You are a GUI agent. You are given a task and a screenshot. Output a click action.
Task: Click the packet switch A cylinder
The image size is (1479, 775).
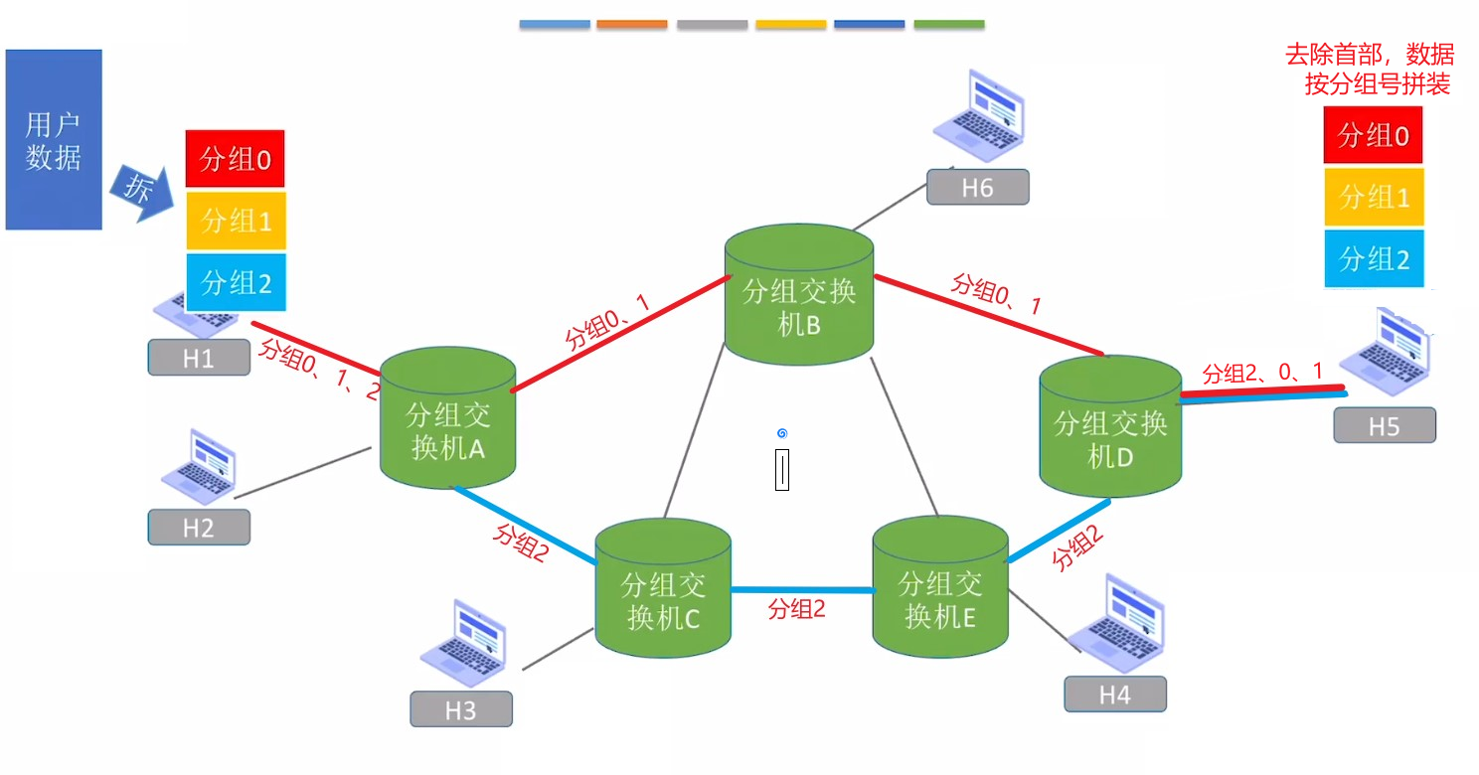(x=447, y=417)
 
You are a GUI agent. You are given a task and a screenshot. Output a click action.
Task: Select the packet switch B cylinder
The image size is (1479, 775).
(x=799, y=293)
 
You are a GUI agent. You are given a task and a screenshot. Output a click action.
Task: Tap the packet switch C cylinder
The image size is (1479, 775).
(x=663, y=587)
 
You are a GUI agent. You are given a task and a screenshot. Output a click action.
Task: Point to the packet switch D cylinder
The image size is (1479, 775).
(x=1110, y=426)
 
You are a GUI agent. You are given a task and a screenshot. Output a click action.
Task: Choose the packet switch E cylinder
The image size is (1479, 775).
(x=940, y=586)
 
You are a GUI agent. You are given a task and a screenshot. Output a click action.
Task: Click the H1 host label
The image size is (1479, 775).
(x=199, y=358)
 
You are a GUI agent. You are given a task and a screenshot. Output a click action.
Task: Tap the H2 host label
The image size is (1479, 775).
(x=199, y=527)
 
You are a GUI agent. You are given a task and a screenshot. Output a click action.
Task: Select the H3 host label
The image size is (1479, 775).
(x=461, y=709)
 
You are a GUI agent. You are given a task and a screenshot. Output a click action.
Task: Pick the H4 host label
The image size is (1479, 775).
(x=1115, y=695)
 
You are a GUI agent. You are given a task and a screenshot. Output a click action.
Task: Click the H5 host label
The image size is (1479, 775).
(x=1385, y=425)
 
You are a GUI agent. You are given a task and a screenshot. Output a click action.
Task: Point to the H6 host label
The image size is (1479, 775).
(x=978, y=187)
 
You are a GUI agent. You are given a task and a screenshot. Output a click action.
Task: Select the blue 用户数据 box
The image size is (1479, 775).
(x=54, y=139)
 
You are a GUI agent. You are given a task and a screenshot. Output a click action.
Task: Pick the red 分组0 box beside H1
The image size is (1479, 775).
(x=236, y=159)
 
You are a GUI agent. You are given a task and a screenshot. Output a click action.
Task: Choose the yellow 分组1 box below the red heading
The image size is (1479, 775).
(x=1374, y=197)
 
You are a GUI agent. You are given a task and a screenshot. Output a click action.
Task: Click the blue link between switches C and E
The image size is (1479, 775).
(x=802, y=590)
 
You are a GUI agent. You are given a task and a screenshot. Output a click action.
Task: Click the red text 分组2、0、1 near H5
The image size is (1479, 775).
(x=1261, y=374)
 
